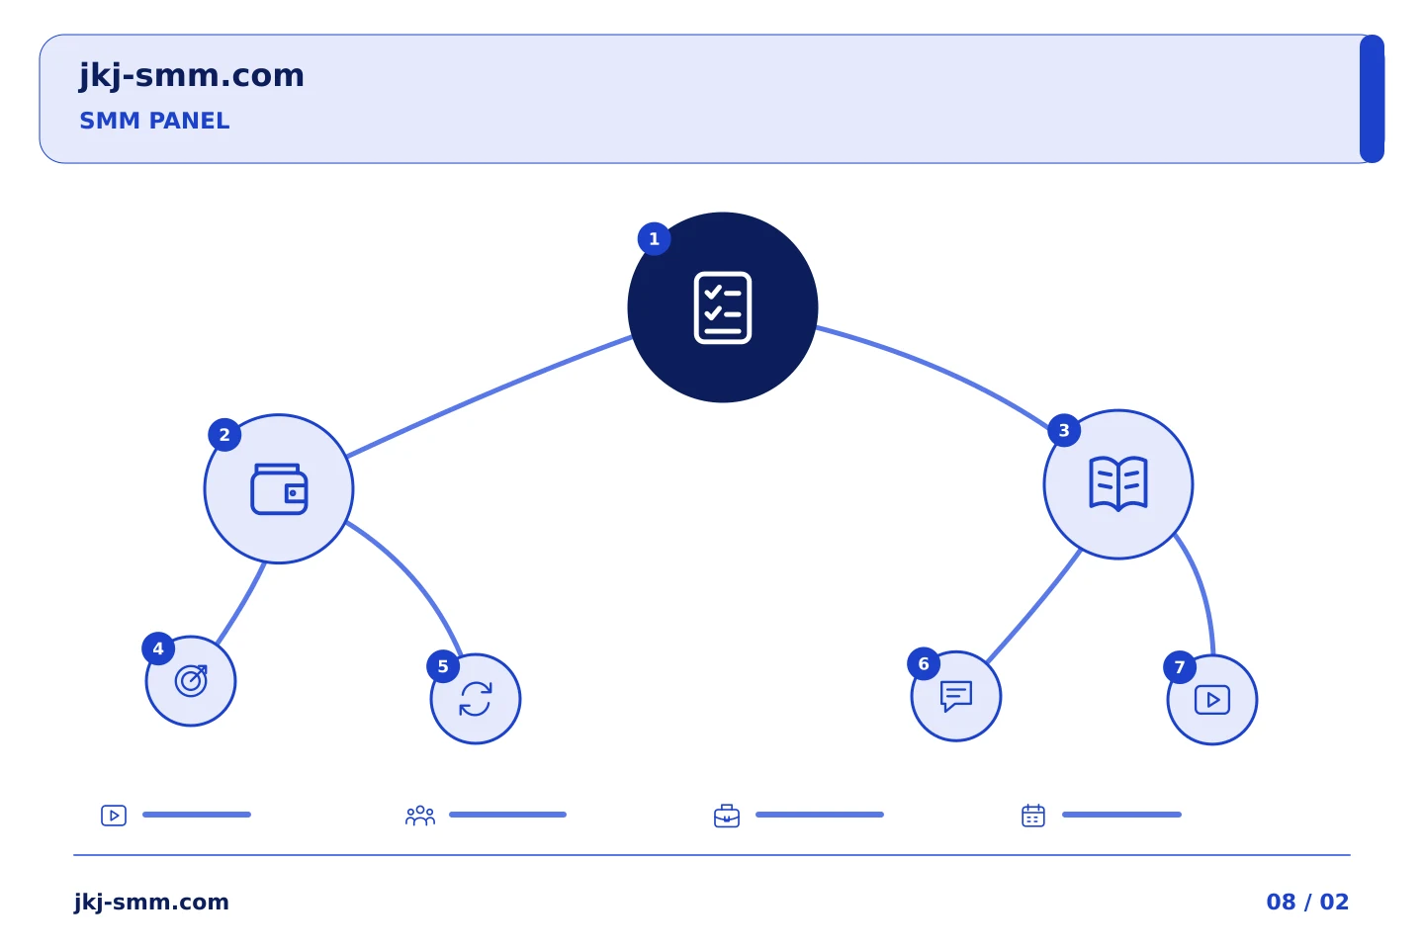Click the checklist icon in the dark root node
(x=723, y=307)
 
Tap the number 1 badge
(x=655, y=239)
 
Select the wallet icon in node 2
(x=279, y=488)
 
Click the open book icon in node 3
(x=1118, y=483)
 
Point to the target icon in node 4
(x=191, y=681)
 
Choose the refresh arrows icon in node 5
(x=476, y=699)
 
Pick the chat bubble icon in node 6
(x=956, y=696)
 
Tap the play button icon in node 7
(x=1212, y=700)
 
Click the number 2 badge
(x=224, y=435)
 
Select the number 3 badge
(x=1064, y=430)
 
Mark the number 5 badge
(x=443, y=666)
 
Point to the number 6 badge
(x=924, y=663)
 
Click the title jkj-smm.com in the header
(x=192, y=76)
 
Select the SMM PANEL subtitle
(x=154, y=121)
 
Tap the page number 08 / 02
(x=1307, y=902)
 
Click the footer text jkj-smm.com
(x=151, y=902)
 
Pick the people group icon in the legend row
(x=420, y=816)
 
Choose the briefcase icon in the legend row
(x=727, y=816)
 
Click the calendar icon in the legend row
(x=1033, y=816)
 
